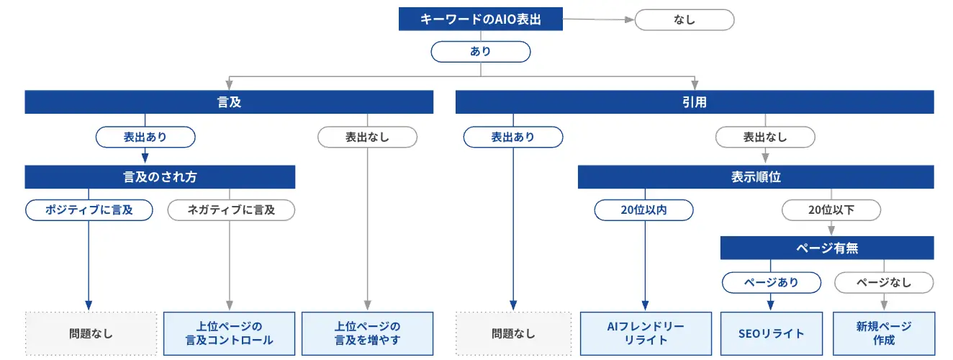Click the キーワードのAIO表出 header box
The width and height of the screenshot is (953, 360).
point(480,19)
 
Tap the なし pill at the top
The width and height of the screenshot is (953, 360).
point(684,19)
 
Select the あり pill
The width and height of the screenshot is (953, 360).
point(480,52)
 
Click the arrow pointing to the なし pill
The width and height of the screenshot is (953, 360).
point(597,20)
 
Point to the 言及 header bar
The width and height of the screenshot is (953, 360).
point(229,102)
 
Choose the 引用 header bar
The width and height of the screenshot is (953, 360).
point(695,102)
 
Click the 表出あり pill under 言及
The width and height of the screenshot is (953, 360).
point(145,137)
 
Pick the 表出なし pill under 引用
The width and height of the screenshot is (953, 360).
point(764,137)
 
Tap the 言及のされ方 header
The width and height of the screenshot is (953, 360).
point(160,176)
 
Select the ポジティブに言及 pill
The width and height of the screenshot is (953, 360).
point(89,210)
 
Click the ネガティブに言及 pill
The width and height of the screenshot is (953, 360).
point(231,210)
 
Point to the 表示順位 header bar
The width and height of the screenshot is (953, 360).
point(756,176)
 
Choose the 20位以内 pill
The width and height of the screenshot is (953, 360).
point(643,210)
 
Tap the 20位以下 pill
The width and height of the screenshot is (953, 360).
point(831,210)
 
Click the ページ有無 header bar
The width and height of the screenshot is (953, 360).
point(827,248)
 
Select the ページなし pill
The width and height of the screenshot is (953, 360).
point(884,282)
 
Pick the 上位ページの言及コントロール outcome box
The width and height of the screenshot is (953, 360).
point(229,333)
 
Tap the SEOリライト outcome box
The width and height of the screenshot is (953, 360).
point(771,333)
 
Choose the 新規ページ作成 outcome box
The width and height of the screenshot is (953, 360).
point(884,333)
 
